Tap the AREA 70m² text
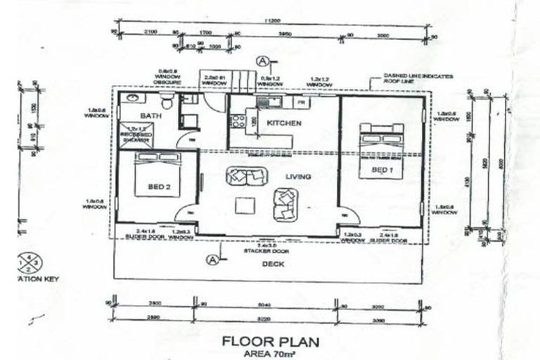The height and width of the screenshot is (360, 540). tap(270, 354)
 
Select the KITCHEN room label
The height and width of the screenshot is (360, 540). tap(283, 123)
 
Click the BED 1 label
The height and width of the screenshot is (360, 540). tap(382, 170)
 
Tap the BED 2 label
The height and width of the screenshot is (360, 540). tap(159, 187)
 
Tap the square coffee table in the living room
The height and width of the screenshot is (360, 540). tap(245, 205)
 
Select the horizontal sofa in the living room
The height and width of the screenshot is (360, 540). tap(245, 174)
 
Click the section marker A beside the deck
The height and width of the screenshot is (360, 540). tap(212, 259)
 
